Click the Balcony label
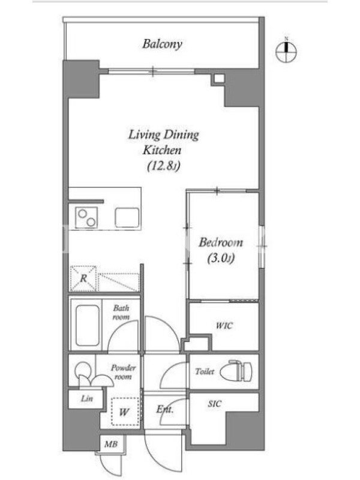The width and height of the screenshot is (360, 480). tap(162, 44)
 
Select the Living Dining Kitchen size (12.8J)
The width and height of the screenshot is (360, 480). tap(163, 166)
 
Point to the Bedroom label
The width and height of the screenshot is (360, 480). tap(221, 242)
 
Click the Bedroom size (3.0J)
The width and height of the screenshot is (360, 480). tap(221, 259)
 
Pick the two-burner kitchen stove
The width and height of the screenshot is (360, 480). tap(86, 217)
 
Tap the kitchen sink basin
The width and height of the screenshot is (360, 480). tap(127, 218)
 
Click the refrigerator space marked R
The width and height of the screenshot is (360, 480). tap(83, 278)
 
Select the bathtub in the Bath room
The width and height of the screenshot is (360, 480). tap(88, 325)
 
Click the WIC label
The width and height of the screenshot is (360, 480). tap(224, 325)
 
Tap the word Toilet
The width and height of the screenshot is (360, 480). tap(205, 371)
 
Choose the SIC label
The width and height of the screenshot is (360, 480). tap(214, 404)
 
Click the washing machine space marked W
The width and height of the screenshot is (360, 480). tap(124, 412)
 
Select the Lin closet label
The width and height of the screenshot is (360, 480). tap(87, 398)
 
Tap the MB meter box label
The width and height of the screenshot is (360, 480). tap(111, 443)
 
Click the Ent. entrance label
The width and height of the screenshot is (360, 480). tap(164, 409)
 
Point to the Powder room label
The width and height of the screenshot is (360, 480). tap(123, 372)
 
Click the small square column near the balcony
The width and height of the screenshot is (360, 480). tap(218, 79)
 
